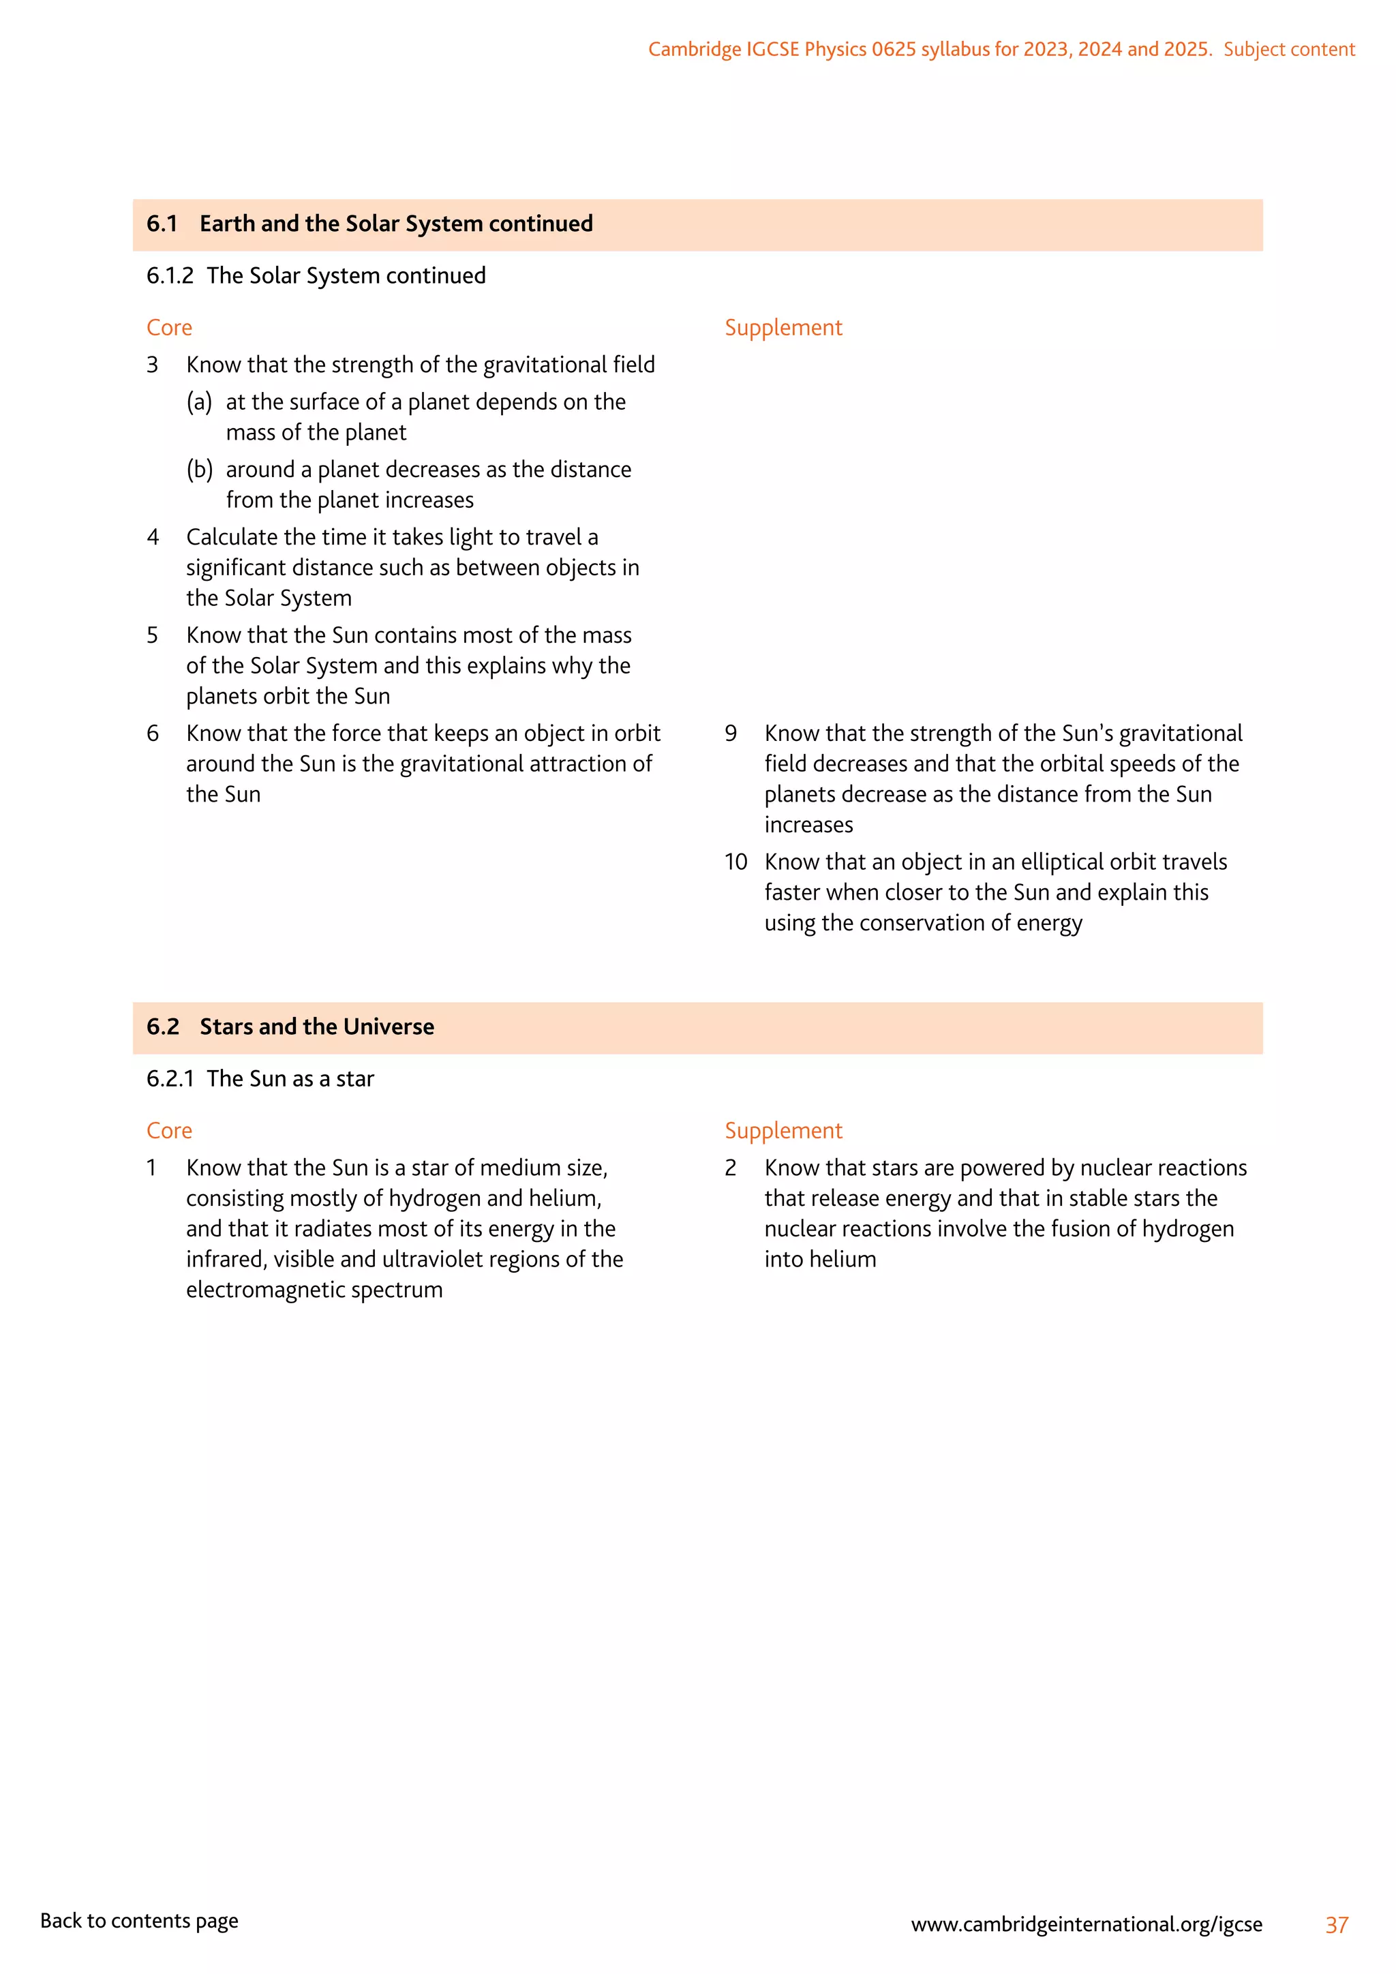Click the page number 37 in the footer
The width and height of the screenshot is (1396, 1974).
click(x=1337, y=1925)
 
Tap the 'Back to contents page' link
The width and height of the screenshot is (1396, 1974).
click(x=139, y=1921)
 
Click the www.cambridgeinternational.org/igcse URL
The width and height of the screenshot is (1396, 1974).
click(x=1087, y=1924)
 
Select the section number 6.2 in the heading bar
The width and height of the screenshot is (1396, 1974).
click(x=162, y=1027)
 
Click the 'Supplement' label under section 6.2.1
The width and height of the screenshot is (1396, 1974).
click(x=783, y=1131)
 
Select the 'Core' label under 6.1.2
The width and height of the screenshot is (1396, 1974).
click(x=169, y=328)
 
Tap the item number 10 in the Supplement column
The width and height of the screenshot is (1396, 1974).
click(x=735, y=862)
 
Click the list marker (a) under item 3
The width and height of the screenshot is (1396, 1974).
click(x=200, y=402)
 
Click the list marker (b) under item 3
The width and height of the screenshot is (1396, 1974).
click(x=200, y=470)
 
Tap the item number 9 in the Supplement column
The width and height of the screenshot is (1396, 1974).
click(x=731, y=733)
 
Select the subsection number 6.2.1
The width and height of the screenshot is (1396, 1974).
click(x=170, y=1079)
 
